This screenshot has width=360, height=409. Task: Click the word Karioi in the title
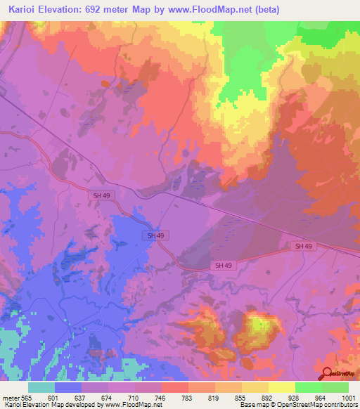click(20, 9)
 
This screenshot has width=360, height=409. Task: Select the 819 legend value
click(213, 398)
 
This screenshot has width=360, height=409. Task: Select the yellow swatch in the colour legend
click(281, 387)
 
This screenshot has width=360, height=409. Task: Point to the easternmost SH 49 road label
click(303, 246)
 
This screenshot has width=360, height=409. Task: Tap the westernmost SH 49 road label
click(101, 195)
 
